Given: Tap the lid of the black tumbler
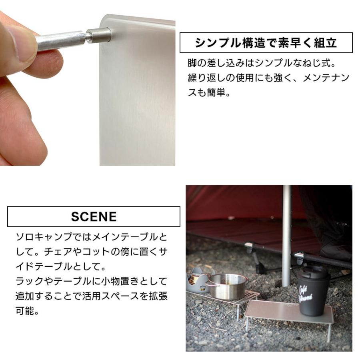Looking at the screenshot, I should [x=314, y=272].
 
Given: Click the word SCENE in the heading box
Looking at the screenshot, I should [x=94, y=217].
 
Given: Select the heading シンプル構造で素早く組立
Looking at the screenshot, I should [x=266, y=43].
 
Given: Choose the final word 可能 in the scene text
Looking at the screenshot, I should [x=23, y=311].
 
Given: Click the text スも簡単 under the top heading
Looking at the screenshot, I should [x=208, y=93].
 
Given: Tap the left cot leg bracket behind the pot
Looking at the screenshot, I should [x=250, y=248].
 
